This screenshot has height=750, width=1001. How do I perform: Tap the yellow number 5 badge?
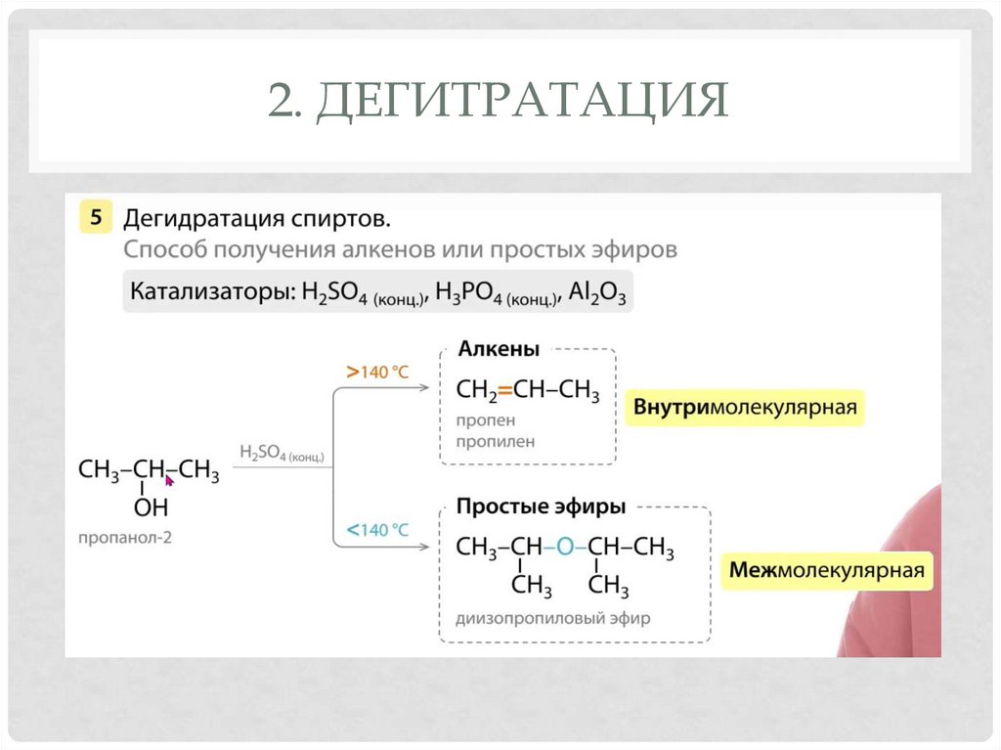[x=95, y=217]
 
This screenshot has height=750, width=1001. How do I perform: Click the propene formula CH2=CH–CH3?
[x=528, y=391]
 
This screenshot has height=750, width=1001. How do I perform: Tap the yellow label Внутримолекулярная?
[x=745, y=407]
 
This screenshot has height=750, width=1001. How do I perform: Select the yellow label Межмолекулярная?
[x=827, y=570]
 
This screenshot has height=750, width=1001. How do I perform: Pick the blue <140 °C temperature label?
[x=376, y=530]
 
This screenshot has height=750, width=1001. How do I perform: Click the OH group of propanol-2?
[x=151, y=507]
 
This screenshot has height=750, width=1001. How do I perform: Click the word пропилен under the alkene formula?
[x=488, y=441]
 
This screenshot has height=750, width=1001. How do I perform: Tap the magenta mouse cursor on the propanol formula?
[x=169, y=479]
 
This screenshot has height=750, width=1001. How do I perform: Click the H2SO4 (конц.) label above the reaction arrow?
[x=282, y=453]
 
